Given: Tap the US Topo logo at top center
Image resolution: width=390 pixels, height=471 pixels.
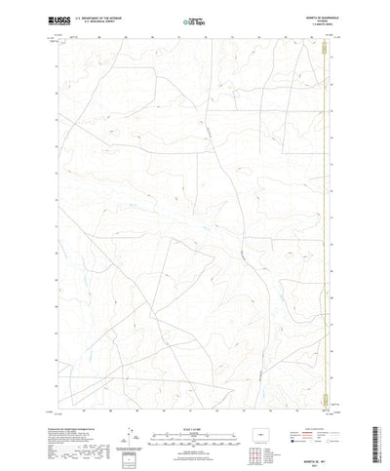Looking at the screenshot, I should [x=195, y=20].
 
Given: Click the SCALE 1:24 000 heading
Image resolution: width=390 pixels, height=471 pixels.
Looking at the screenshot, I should [x=195, y=403].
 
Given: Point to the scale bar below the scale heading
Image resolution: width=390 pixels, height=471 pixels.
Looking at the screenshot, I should [x=195, y=412].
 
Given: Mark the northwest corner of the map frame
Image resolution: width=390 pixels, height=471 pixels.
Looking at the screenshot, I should [x=61, y=36].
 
